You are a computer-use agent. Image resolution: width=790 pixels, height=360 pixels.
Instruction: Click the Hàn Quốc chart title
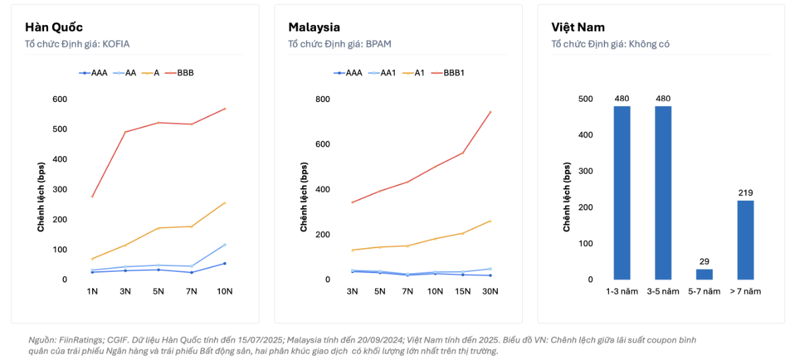[x=54, y=27]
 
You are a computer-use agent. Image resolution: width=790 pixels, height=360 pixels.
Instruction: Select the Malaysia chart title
[x=314, y=27]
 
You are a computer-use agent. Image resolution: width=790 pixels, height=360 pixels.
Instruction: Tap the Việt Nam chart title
[x=578, y=27]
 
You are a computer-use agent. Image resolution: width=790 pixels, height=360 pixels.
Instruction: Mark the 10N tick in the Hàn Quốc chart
[x=224, y=292]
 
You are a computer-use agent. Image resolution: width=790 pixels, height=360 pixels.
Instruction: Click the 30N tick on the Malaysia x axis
[x=490, y=292]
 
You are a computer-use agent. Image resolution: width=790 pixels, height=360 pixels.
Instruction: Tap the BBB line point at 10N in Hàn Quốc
[x=224, y=109]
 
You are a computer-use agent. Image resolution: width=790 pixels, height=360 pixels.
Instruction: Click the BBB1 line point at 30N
[x=490, y=112]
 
